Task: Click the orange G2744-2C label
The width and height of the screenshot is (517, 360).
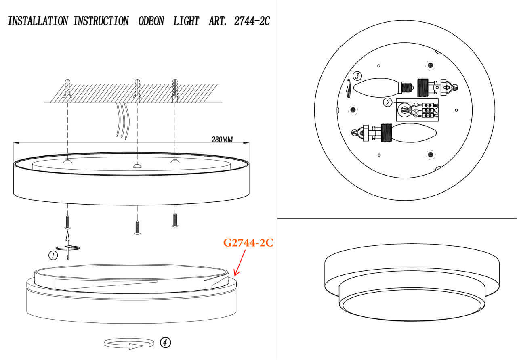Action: pos(248,243)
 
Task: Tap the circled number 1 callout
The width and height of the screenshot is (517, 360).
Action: pos(52,255)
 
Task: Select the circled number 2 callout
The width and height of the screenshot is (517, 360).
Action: pos(387,103)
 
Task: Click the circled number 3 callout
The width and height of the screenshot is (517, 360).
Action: pos(357,76)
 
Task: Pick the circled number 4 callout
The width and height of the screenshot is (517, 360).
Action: pos(165,342)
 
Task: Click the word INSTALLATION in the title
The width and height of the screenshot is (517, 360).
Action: pos(38,21)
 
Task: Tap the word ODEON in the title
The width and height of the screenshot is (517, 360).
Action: pos(151,21)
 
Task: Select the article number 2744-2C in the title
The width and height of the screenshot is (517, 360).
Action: pos(252,21)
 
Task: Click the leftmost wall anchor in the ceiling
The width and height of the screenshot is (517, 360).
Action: pos(67,90)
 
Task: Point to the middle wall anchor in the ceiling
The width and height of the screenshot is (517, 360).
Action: pos(137,90)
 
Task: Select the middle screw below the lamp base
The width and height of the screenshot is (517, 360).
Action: pos(137,228)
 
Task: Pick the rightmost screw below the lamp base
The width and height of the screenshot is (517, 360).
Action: pos(175,220)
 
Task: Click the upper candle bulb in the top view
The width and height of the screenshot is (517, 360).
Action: pos(376,87)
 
